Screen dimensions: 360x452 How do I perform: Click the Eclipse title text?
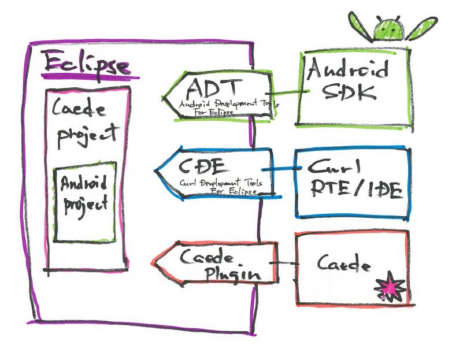pyautogui.click(x=87, y=64)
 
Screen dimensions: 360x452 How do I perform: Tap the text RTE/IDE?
pyautogui.click(x=354, y=191)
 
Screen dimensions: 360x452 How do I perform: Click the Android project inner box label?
pyautogui.click(x=84, y=194)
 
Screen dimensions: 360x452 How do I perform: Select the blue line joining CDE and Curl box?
pyautogui.click(x=283, y=169)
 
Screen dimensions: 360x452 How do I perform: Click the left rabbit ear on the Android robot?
pyautogui.click(x=360, y=27)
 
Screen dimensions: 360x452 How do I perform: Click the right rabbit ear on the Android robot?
pyautogui.click(x=420, y=28)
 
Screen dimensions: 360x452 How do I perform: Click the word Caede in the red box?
pyautogui.click(x=344, y=263)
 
